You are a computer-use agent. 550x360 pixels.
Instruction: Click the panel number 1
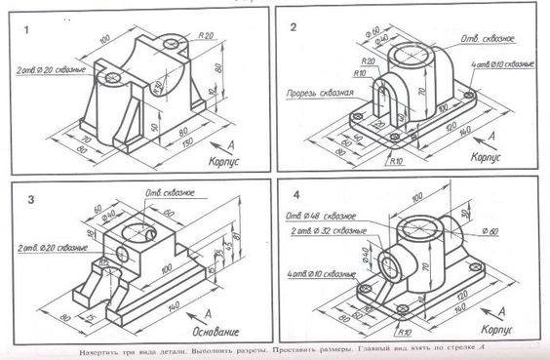(30, 30)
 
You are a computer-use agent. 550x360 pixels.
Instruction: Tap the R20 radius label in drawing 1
(206, 36)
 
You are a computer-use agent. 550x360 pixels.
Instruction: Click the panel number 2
(292, 28)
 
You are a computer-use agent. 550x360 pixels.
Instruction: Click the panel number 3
(30, 201)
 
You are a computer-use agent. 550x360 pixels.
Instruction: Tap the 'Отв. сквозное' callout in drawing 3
(166, 191)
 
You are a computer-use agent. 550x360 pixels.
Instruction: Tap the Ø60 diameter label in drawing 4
(495, 230)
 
